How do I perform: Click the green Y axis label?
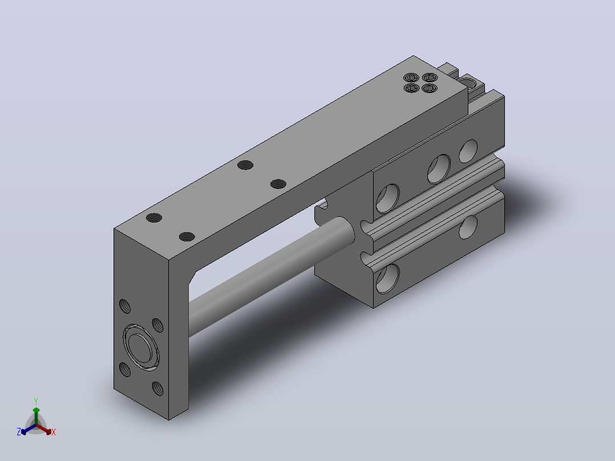[36, 401]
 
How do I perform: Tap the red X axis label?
[54, 432]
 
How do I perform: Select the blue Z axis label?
[19, 432]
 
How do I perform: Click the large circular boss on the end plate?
[141, 347]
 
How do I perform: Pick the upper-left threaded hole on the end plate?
[125, 306]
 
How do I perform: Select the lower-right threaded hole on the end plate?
[157, 389]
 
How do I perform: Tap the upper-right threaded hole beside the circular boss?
[157, 325]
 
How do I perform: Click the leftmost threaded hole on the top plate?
[154, 218]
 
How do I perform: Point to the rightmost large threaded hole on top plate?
[278, 184]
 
